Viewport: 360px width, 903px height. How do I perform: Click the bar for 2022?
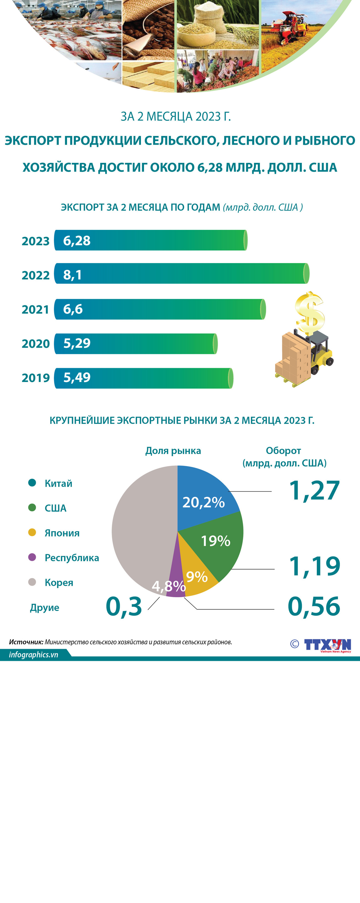coord(182,273)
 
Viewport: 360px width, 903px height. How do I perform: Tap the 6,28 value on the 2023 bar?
coord(77,240)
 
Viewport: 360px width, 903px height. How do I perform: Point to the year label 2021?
coord(35,309)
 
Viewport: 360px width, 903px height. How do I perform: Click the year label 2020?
coord(35,343)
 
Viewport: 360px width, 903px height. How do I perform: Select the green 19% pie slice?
coord(217,543)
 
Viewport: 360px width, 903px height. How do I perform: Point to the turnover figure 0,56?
coord(314,606)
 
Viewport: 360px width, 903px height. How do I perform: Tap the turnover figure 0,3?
coord(124,606)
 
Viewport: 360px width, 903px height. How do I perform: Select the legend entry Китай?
coord(58,483)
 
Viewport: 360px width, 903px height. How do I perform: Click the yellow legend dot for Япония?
coord(32,532)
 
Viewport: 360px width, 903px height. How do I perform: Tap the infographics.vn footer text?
coord(34,655)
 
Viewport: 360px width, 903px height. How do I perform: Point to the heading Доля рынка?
coord(173,451)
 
